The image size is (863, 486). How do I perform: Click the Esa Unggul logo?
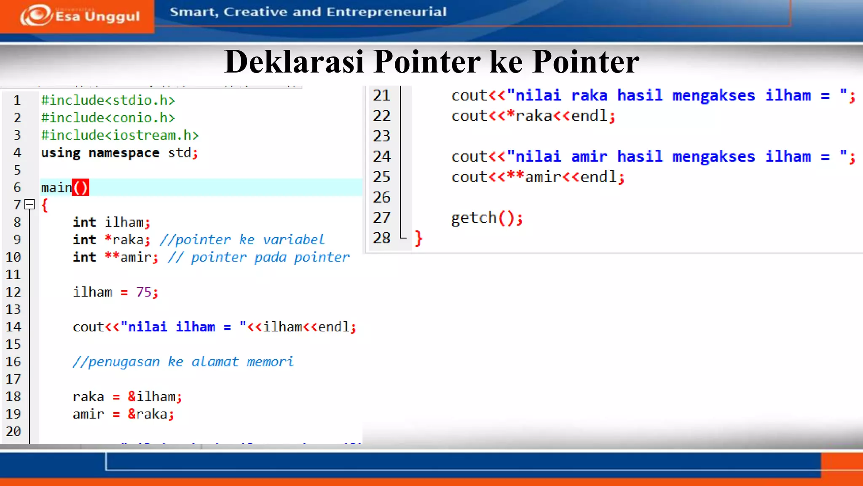click(x=80, y=16)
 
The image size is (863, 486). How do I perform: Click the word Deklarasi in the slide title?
click(x=294, y=62)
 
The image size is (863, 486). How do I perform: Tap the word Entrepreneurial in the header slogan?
click(x=386, y=12)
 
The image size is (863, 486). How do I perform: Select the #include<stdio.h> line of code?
click(x=108, y=100)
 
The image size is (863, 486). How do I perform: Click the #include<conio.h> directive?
click(x=108, y=118)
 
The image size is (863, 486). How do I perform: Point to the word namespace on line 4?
click(x=124, y=153)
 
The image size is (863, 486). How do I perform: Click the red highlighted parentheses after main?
click(x=80, y=187)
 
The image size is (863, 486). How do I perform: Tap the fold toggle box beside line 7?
click(x=29, y=205)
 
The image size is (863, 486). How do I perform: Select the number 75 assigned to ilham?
click(x=144, y=292)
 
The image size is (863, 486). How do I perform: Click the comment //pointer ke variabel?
click(x=242, y=240)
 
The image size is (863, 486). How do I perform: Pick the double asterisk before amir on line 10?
click(x=112, y=256)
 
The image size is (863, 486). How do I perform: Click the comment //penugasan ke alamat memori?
click(x=183, y=362)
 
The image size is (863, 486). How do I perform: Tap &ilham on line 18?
click(x=152, y=397)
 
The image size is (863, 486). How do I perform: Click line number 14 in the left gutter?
click(x=13, y=327)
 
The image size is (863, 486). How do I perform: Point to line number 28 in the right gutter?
click(x=382, y=238)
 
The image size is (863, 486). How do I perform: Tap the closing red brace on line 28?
click(x=418, y=238)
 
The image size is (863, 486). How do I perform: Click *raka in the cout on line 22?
click(x=529, y=116)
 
